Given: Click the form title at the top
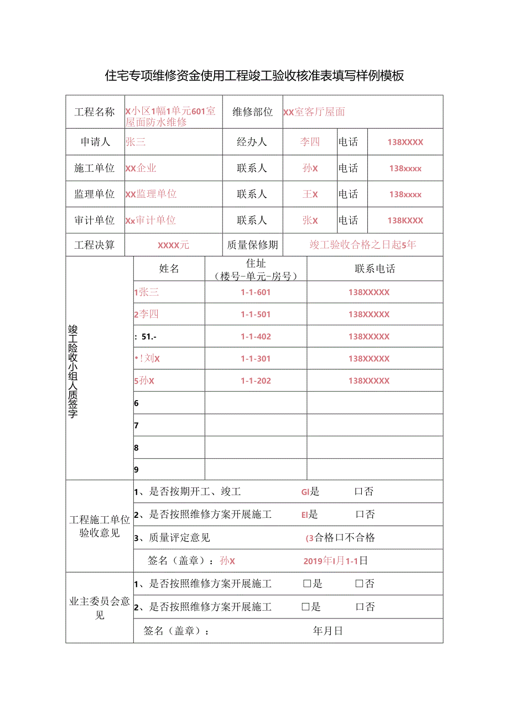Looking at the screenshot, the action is click(254, 76).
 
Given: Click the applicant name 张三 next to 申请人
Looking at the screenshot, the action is click(136, 142).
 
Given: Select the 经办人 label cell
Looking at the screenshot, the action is click(252, 142).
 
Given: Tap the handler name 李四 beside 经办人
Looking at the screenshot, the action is click(310, 142).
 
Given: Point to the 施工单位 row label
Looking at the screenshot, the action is click(95, 168).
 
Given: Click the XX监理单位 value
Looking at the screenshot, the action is click(151, 194).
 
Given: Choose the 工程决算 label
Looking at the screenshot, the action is click(95, 245).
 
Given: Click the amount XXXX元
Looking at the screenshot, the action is click(173, 245).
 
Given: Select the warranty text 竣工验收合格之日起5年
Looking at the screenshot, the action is click(363, 245).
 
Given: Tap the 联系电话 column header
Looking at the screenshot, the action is click(375, 269).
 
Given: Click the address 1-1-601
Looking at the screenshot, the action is click(256, 292).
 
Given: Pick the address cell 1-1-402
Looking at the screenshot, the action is click(256, 337).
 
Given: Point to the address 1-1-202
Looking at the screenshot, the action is click(256, 381).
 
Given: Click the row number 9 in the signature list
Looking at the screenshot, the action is click(137, 470).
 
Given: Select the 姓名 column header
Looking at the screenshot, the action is click(169, 269).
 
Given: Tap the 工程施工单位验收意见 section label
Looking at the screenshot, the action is click(100, 526).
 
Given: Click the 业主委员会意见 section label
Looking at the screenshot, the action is click(100, 608).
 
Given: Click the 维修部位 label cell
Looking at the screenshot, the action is click(252, 112).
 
